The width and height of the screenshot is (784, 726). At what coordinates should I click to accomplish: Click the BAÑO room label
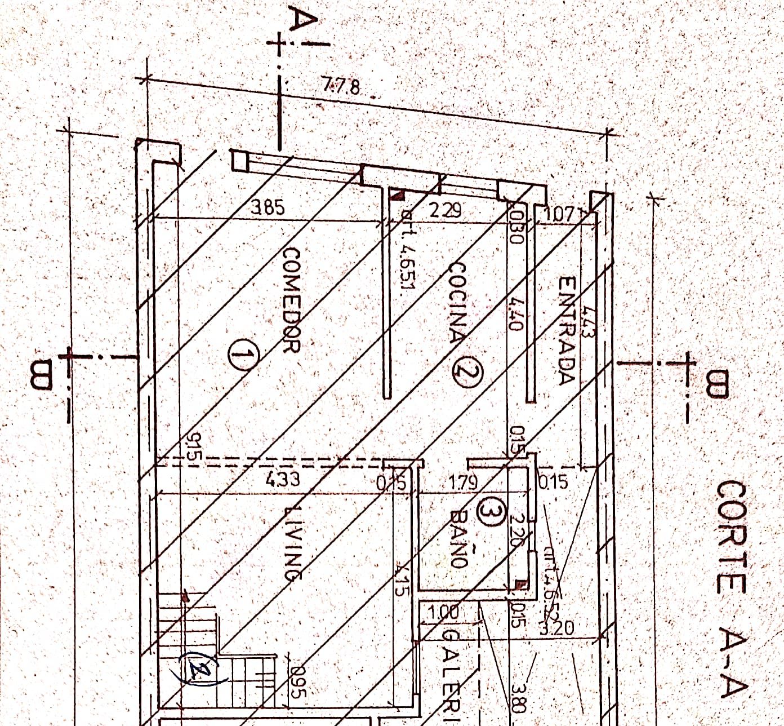click(x=460, y=539)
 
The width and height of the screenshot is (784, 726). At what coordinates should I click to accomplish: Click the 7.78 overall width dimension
click(x=342, y=87)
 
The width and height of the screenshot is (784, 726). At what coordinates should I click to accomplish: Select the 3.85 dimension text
click(x=268, y=208)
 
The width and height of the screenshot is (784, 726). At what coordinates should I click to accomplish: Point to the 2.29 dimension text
click(x=446, y=211)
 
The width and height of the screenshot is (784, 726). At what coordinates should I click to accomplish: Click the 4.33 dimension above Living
click(x=282, y=480)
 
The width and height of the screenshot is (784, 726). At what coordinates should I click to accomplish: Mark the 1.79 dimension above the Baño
click(x=464, y=483)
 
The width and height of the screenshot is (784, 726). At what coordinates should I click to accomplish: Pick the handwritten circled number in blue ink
click(x=200, y=669)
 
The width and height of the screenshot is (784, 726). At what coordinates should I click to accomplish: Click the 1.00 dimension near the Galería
click(x=444, y=612)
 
